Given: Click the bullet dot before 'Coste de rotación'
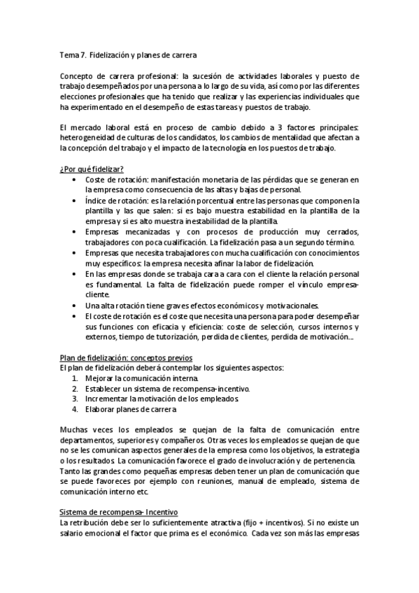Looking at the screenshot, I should click(76, 180).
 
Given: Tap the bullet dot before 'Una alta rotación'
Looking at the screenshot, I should click(76, 306).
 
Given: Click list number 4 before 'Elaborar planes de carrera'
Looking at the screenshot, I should click(75, 409).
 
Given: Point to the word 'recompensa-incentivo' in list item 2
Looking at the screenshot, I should click(212, 388).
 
